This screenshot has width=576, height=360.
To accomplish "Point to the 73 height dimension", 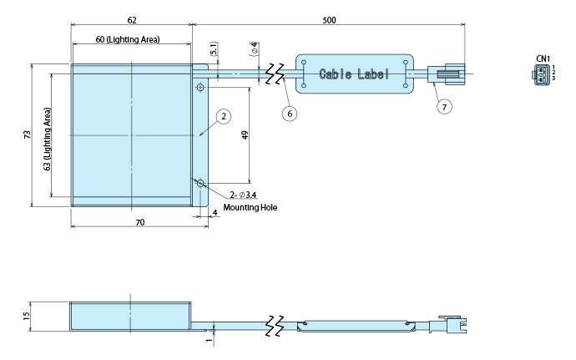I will coord(27,134).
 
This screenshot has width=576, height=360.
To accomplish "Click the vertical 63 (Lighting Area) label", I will coord(48,138).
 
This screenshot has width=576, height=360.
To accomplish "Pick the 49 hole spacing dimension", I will coord(245,135).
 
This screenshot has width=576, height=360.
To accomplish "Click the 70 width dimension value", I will coord(139,222).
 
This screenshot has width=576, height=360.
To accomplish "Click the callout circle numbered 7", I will coord(443,106).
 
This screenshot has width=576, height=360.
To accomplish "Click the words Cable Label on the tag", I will coord(354,74).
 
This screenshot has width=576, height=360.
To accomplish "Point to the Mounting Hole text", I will coord(250,207).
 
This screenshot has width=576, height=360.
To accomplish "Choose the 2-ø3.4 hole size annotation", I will coord(243,195).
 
